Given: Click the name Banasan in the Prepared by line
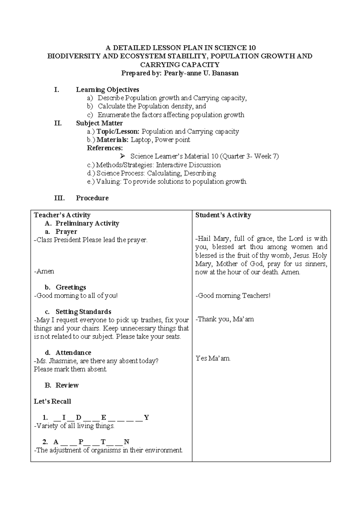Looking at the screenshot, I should [x=225, y=73].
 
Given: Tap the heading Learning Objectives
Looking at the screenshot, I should [x=107, y=89].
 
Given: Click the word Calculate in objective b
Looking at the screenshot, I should [x=112, y=106].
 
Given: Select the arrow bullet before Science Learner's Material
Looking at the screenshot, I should [x=122, y=156].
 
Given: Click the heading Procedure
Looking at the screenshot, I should [x=92, y=198].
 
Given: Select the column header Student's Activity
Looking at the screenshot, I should [x=223, y=215].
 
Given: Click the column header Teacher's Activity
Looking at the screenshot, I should [x=62, y=215].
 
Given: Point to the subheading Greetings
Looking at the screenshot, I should [x=71, y=287].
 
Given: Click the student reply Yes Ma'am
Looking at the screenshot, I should [x=213, y=358].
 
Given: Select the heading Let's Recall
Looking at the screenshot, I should [x=52, y=401].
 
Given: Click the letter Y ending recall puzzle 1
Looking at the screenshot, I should [x=146, y=417].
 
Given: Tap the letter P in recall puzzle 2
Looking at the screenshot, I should [x=81, y=442].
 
